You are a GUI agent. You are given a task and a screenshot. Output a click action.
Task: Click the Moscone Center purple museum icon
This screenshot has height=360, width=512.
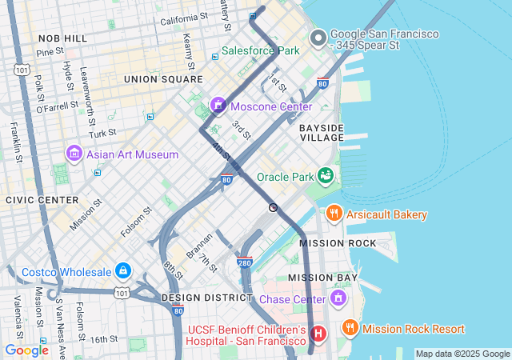pos(218,106)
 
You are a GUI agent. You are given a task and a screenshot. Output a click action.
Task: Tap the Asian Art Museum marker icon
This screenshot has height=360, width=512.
pos(74,152)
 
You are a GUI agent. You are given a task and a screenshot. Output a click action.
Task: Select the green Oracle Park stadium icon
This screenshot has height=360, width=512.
pos(326,175)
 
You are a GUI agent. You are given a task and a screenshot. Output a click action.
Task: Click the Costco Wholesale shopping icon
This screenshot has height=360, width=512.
pos(122,271)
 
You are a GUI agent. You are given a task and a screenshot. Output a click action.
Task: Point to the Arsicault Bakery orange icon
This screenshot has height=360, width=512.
pos(334,214)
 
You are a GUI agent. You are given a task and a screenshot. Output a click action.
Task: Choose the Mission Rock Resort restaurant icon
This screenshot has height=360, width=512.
pos(349,328)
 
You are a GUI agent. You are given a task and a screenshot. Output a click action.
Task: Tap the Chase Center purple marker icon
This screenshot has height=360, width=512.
pos(338,298)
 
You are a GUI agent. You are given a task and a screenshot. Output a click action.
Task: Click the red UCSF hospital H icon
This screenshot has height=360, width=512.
pos(318,333)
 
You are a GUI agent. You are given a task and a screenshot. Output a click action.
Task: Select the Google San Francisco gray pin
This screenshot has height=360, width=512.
pos(318,38)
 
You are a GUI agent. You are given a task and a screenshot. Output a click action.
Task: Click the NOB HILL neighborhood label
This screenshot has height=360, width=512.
pos(62,38)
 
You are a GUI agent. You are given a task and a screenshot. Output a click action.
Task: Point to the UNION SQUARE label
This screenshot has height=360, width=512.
pos(163,79)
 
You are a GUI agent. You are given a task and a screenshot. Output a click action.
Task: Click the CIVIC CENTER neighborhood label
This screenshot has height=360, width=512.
pos(42,199)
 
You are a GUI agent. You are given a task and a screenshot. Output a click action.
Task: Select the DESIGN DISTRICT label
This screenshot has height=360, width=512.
pos(207,297)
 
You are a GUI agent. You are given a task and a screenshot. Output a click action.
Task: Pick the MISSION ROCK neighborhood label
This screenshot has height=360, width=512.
pos(338,242)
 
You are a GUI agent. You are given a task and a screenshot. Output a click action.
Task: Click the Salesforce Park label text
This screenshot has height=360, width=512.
pos(260,50)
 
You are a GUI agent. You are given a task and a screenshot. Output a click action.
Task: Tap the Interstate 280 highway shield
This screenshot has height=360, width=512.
pos(245,262)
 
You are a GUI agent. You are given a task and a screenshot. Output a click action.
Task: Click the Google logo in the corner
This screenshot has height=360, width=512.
pos(26,350)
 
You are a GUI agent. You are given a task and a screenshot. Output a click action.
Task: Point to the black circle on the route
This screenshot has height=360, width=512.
pos(274,207)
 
